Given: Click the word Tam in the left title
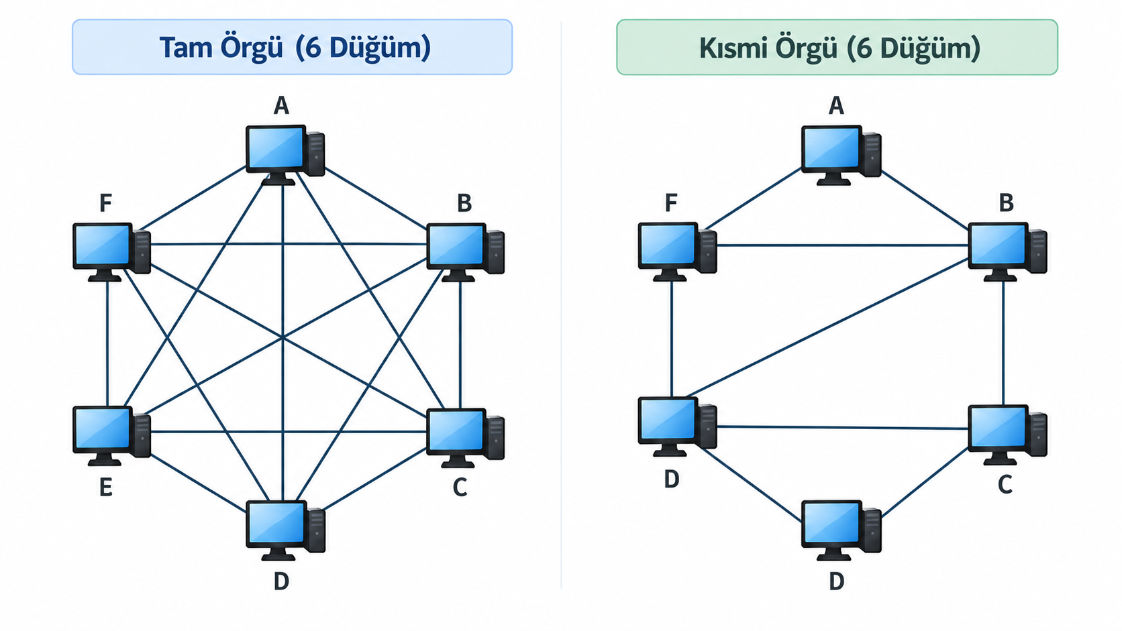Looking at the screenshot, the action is click(186, 48).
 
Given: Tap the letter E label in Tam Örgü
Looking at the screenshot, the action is click(105, 487).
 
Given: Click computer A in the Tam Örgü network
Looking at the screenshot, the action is click(285, 155).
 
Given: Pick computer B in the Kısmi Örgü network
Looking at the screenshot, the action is click(1007, 251).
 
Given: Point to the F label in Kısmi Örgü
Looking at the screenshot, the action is click(670, 203).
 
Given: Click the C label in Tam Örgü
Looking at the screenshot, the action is click(460, 487).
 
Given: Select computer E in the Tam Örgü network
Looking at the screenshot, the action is click(111, 436).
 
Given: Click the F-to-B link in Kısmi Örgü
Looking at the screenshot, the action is click(842, 245).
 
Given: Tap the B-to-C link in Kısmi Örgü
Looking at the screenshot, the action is click(1003, 343).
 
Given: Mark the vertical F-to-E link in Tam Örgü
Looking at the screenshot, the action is click(107, 343).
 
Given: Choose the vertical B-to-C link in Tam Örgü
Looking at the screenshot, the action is click(460, 345).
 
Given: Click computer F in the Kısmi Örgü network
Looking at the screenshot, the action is click(677, 251).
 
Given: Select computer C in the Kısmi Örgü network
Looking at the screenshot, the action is click(1007, 435).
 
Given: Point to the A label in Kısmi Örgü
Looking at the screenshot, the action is click(836, 105).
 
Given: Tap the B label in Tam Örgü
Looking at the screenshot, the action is click(464, 203).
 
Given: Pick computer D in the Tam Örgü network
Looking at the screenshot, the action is click(285, 530).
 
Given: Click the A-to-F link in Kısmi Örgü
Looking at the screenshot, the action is click(754, 198).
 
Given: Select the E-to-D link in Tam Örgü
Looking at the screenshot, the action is click(199, 483).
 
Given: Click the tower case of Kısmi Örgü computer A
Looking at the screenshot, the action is click(872, 155).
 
